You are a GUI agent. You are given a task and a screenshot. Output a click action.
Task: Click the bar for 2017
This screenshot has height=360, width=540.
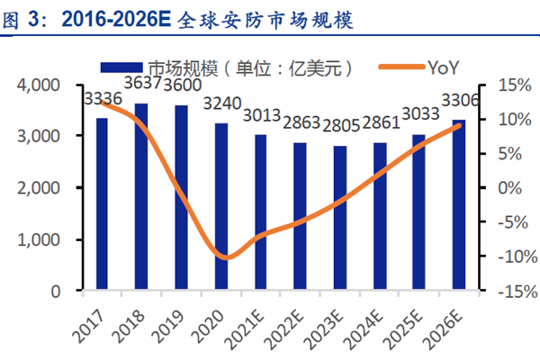(x=102, y=205)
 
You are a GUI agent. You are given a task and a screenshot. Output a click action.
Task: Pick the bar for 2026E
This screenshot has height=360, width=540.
(x=459, y=206)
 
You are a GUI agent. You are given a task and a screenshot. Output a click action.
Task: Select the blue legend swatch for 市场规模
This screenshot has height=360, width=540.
(x=121, y=67)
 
